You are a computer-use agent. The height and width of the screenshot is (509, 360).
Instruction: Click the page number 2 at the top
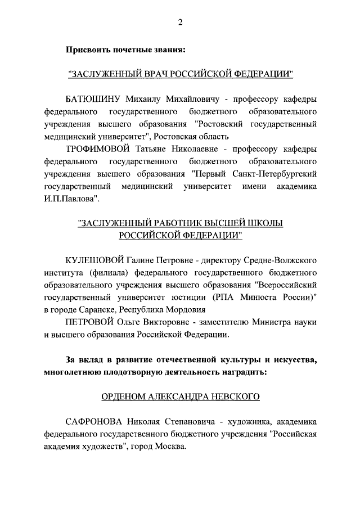coord(180,22)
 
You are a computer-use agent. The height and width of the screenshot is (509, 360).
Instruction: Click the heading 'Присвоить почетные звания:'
coord(125,49)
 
